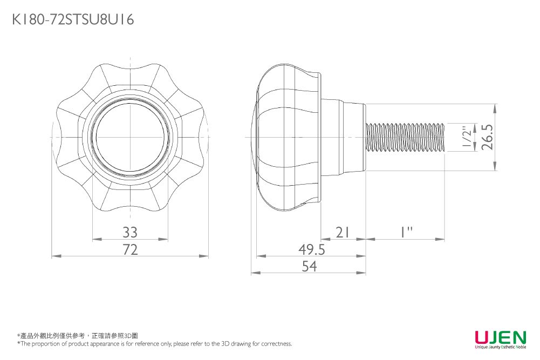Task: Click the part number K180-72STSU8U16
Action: [73, 19]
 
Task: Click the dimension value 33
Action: [130, 233]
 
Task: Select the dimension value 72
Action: [130, 249]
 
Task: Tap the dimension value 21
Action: [343, 233]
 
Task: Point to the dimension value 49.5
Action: [312, 249]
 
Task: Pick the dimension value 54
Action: [309, 266]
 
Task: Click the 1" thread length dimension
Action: [406, 233]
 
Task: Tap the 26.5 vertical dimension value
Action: [488, 137]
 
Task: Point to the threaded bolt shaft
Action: [405, 138]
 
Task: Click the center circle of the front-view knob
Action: [130, 137]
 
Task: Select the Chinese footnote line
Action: [78, 336]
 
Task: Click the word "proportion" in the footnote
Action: [43, 344]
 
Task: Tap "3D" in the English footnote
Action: [225, 343]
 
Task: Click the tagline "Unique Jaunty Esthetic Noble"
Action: [501, 347]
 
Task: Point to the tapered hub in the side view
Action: [343, 137]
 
